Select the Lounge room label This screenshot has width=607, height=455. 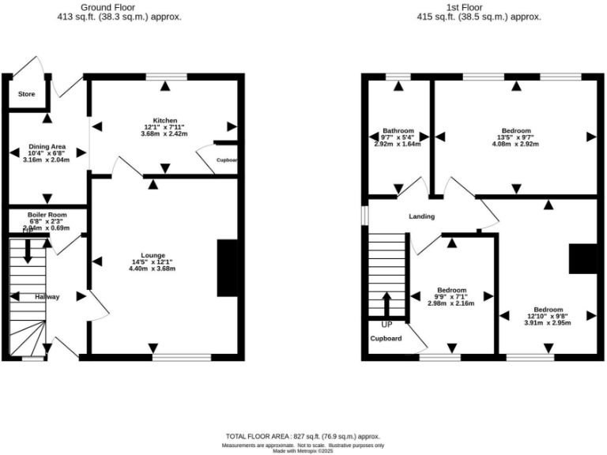pyautogui.click(x=153, y=255)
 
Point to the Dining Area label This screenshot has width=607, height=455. pyautogui.click(x=47, y=147)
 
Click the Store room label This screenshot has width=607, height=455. pyautogui.click(x=27, y=95)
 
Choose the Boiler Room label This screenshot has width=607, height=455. pyautogui.click(x=47, y=215)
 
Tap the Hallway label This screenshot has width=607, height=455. pyautogui.click(x=47, y=297)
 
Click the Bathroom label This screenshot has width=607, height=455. pyautogui.click(x=398, y=130)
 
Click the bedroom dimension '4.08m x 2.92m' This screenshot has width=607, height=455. pyautogui.click(x=515, y=145)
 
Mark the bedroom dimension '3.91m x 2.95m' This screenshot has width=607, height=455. pyautogui.click(x=548, y=322)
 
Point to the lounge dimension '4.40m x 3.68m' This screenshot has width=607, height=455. pyautogui.click(x=153, y=269)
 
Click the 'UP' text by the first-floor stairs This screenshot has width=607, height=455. pyautogui.click(x=386, y=325)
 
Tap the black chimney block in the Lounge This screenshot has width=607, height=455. pyautogui.click(x=227, y=268)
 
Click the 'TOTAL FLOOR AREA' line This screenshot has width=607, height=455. pyautogui.click(x=303, y=436)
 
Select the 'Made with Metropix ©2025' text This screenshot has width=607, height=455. pyautogui.click(x=303, y=451)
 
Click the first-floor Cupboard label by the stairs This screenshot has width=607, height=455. pyautogui.click(x=386, y=339)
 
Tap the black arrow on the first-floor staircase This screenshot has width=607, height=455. pyautogui.click(x=386, y=304)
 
